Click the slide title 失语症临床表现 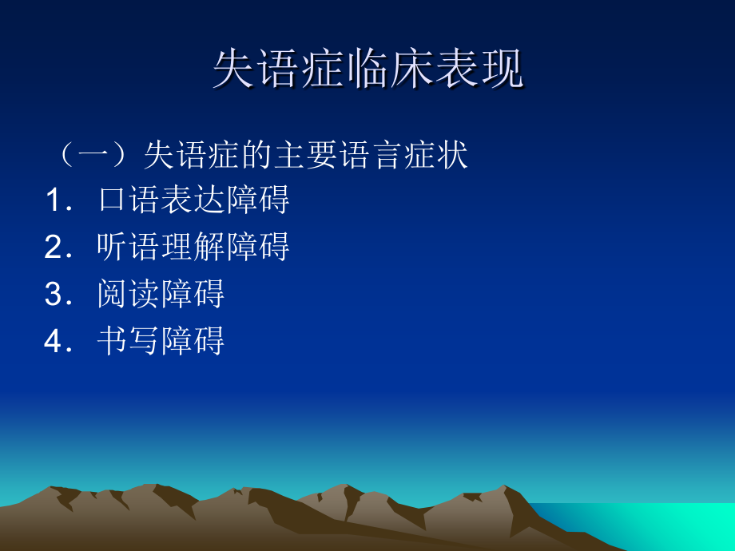coord(367,70)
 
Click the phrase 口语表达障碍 coord(193,200)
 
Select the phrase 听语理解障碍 coord(193,248)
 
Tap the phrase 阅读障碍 coord(161,295)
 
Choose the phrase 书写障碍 coord(161,342)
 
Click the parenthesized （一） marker coord(95,156)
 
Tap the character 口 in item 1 coord(113,200)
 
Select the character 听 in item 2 coord(113,248)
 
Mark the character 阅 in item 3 coord(113,295)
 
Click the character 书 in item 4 coord(113,342)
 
